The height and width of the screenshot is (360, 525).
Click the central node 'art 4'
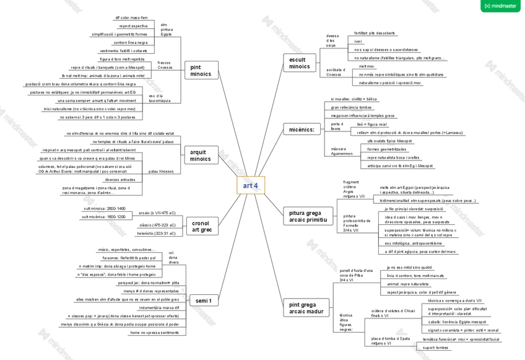[x=250, y=185]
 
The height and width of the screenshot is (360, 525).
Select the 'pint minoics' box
[x=201, y=70]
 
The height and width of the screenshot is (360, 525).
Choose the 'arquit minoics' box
[x=201, y=155]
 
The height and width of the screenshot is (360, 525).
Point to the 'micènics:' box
[x=302, y=130]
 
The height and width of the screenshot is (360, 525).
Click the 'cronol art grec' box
[x=201, y=226]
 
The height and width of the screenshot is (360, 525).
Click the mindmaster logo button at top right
[x=500, y=6]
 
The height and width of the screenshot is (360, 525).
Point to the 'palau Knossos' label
[x=162, y=171]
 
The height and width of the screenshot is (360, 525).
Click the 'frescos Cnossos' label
[x=165, y=64]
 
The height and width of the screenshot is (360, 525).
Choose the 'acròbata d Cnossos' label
[x=334, y=72]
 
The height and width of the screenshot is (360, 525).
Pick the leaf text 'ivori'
[x=358, y=41]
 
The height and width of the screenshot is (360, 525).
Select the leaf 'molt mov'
[x=367, y=66]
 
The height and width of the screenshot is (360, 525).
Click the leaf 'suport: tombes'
[x=436, y=348]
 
